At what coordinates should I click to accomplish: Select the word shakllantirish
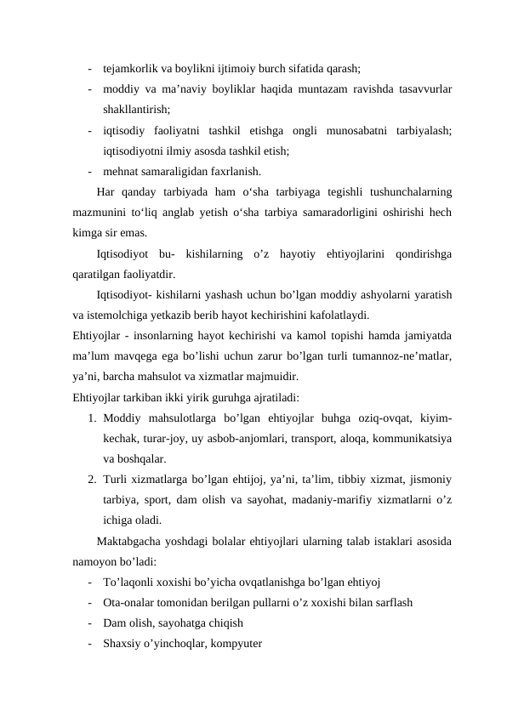pyautogui.click(x=134, y=110)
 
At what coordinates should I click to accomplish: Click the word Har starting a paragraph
pyautogui.click(x=107, y=192)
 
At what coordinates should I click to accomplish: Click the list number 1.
pyautogui.click(x=90, y=418)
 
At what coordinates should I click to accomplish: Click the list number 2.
pyautogui.click(x=90, y=480)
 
